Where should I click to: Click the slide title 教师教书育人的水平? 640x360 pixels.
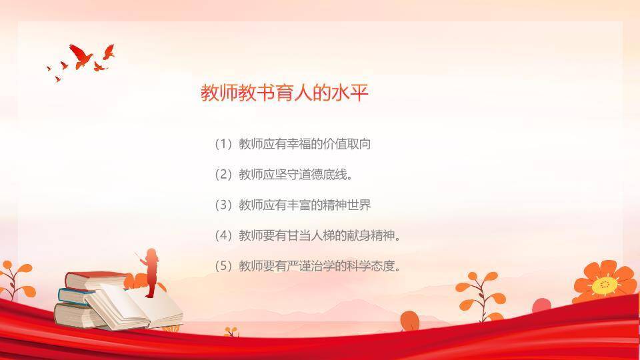285,93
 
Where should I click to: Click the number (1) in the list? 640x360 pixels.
223,144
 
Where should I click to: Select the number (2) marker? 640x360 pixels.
223,175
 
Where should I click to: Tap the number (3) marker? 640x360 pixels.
223,205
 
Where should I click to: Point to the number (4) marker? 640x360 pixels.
223,236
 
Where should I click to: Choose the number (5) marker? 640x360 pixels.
223,267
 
